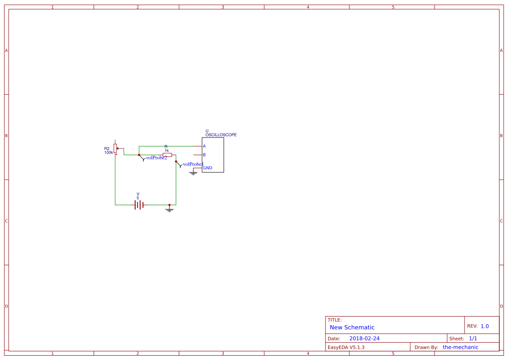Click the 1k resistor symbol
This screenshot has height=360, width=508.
click(167, 155)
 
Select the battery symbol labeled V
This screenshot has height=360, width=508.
click(139, 204)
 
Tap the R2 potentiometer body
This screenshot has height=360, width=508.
click(115, 148)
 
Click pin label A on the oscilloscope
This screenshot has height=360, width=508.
click(204, 146)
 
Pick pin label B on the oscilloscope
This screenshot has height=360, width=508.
click(204, 155)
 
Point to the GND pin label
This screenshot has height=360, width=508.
click(208, 168)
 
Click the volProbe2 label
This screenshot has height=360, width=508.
click(156, 158)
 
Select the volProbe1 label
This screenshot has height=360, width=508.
click(193, 164)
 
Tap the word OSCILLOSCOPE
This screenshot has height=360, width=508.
click(221, 135)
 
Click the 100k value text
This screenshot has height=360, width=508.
click(108, 153)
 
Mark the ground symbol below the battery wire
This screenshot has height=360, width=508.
click(169, 210)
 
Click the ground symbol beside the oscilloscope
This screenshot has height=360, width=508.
click(193, 173)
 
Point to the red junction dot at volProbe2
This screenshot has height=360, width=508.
click(139, 155)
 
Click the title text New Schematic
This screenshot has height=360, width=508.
click(352, 327)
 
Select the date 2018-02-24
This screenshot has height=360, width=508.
click(364, 338)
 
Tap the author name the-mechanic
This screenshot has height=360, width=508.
click(460, 347)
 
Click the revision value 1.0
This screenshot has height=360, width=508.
click(485, 326)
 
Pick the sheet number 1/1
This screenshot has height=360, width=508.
click(473, 338)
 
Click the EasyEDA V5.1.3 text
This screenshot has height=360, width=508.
click(346, 347)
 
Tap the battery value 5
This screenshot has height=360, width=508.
click(138, 198)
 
